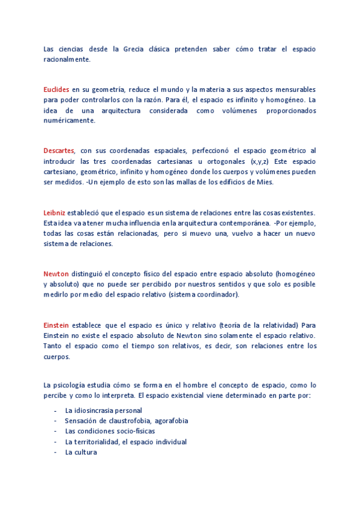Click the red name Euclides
pos(56,89)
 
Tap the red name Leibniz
pos(55,212)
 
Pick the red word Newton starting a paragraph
pos(56,274)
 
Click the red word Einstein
pos(57,325)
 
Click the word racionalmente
pos(67,59)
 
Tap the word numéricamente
pos(69,120)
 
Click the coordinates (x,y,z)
pos(262,161)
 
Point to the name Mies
pos(265,182)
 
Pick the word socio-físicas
pos(135,431)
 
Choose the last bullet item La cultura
pos(80,452)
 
